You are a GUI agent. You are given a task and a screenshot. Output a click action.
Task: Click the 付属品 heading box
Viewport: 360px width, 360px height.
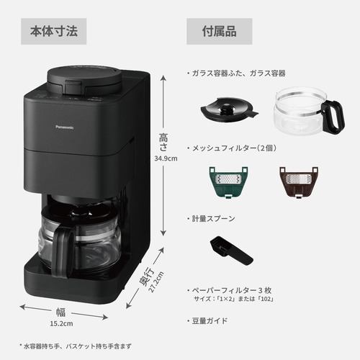[x=220, y=32]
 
